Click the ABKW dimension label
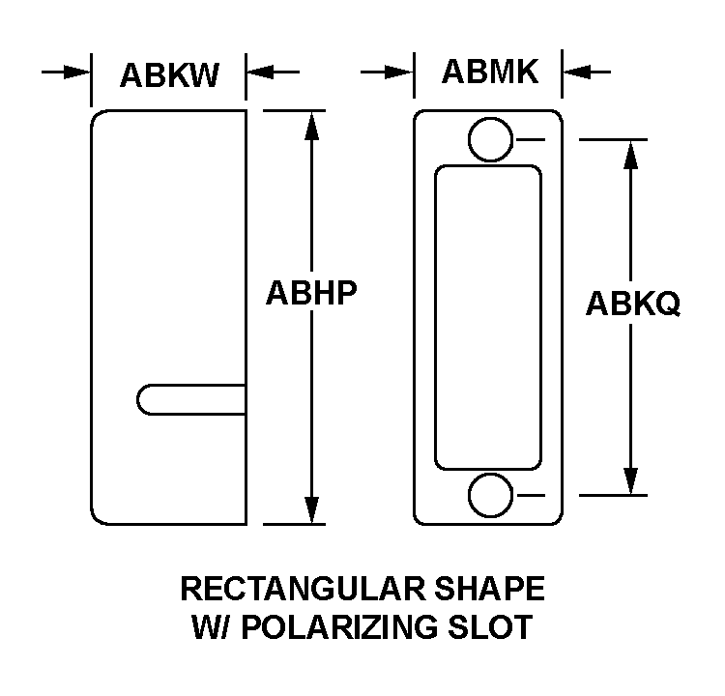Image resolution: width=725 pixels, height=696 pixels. click(169, 74)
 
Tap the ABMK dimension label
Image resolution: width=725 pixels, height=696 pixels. click(490, 72)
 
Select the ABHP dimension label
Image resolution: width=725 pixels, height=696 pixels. click(311, 291)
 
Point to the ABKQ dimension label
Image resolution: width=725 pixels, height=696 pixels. click(633, 304)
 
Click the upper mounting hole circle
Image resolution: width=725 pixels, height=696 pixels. click(489, 139)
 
